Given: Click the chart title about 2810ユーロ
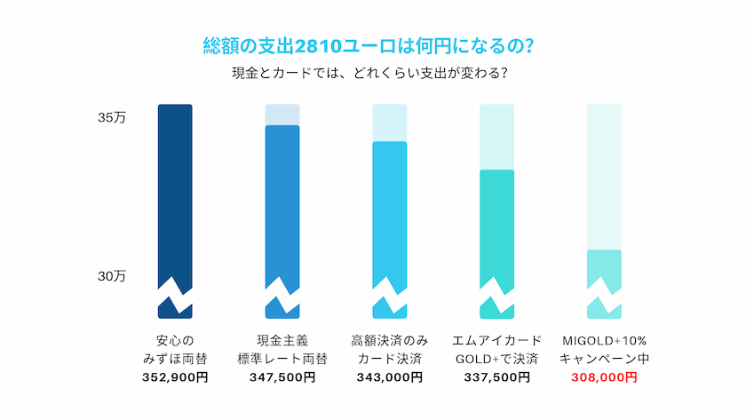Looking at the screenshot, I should tap(373, 44).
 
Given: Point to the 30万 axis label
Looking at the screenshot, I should tap(112, 277).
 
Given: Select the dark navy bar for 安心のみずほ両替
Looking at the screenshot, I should tap(175, 195).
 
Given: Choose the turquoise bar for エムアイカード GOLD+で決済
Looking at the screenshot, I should tap(497, 231).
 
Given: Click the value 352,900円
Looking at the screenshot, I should tap(175, 377).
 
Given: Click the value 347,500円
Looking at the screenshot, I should tap(282, 377).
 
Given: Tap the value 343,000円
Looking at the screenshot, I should tap(390, 377).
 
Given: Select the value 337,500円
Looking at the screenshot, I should tap(497, 377).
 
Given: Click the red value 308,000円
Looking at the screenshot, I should tap(605, 377).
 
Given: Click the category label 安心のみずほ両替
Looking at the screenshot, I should tap(175, 350).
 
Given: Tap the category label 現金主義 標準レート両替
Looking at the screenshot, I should tap(282, 350).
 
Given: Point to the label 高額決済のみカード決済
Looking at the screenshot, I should tap(390, 350).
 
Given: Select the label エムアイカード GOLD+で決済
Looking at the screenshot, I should tap(497, 350).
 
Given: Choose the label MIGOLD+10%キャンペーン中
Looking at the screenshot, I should tap(605, 350).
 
